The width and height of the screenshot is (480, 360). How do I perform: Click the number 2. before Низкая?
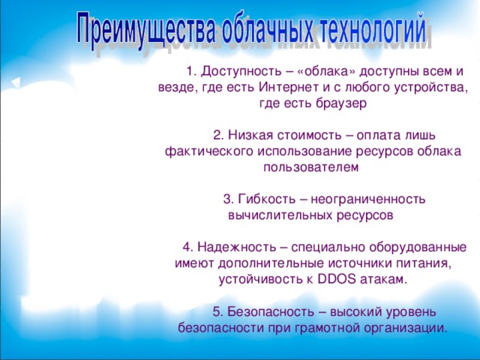(x=218, y=136)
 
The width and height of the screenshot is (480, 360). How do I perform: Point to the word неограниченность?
(x=368, y=199)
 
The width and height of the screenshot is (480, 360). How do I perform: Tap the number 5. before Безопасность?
(x=218, y=312)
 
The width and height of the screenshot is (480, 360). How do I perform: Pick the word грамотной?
(x=330, y=328)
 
